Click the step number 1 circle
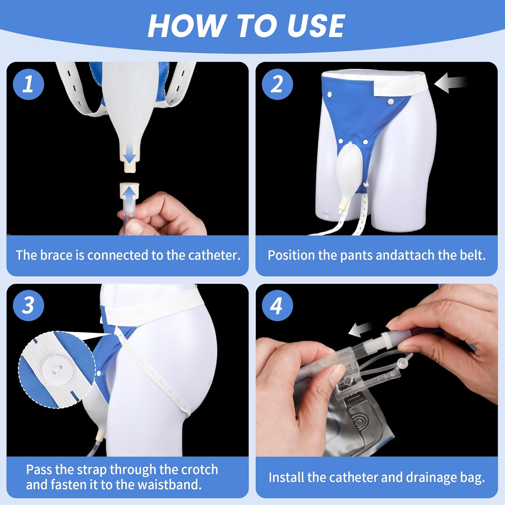(28, 84)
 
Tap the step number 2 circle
(277, 84)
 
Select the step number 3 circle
(28, 305)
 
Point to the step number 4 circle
(277, 305)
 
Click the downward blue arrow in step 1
(129, 156)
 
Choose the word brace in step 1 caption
(57, 255)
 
